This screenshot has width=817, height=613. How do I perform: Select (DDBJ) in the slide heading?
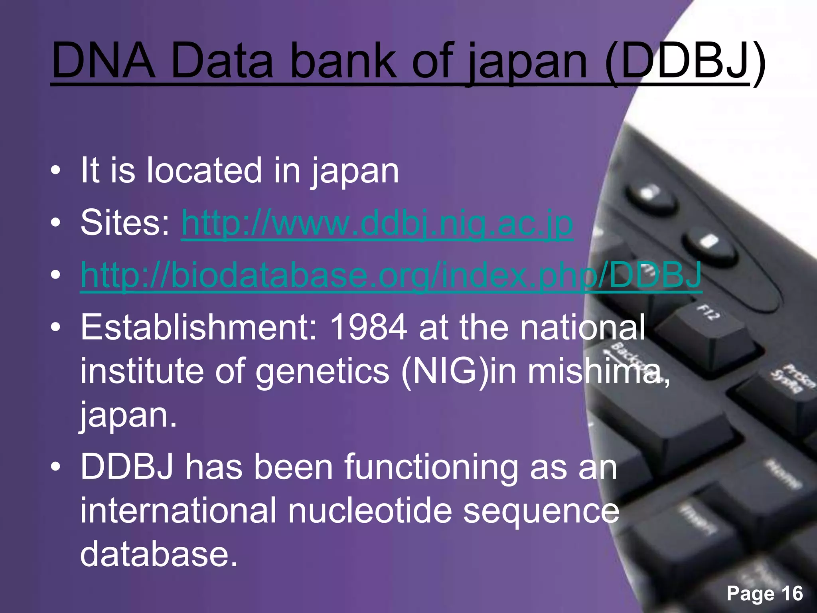point(685,62)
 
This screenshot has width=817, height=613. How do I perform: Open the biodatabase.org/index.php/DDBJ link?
point(391,275)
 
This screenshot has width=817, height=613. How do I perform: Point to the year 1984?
point(369,327)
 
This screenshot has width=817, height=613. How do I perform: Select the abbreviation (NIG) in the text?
point(445,371)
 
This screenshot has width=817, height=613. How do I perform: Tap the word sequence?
point(541,512)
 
